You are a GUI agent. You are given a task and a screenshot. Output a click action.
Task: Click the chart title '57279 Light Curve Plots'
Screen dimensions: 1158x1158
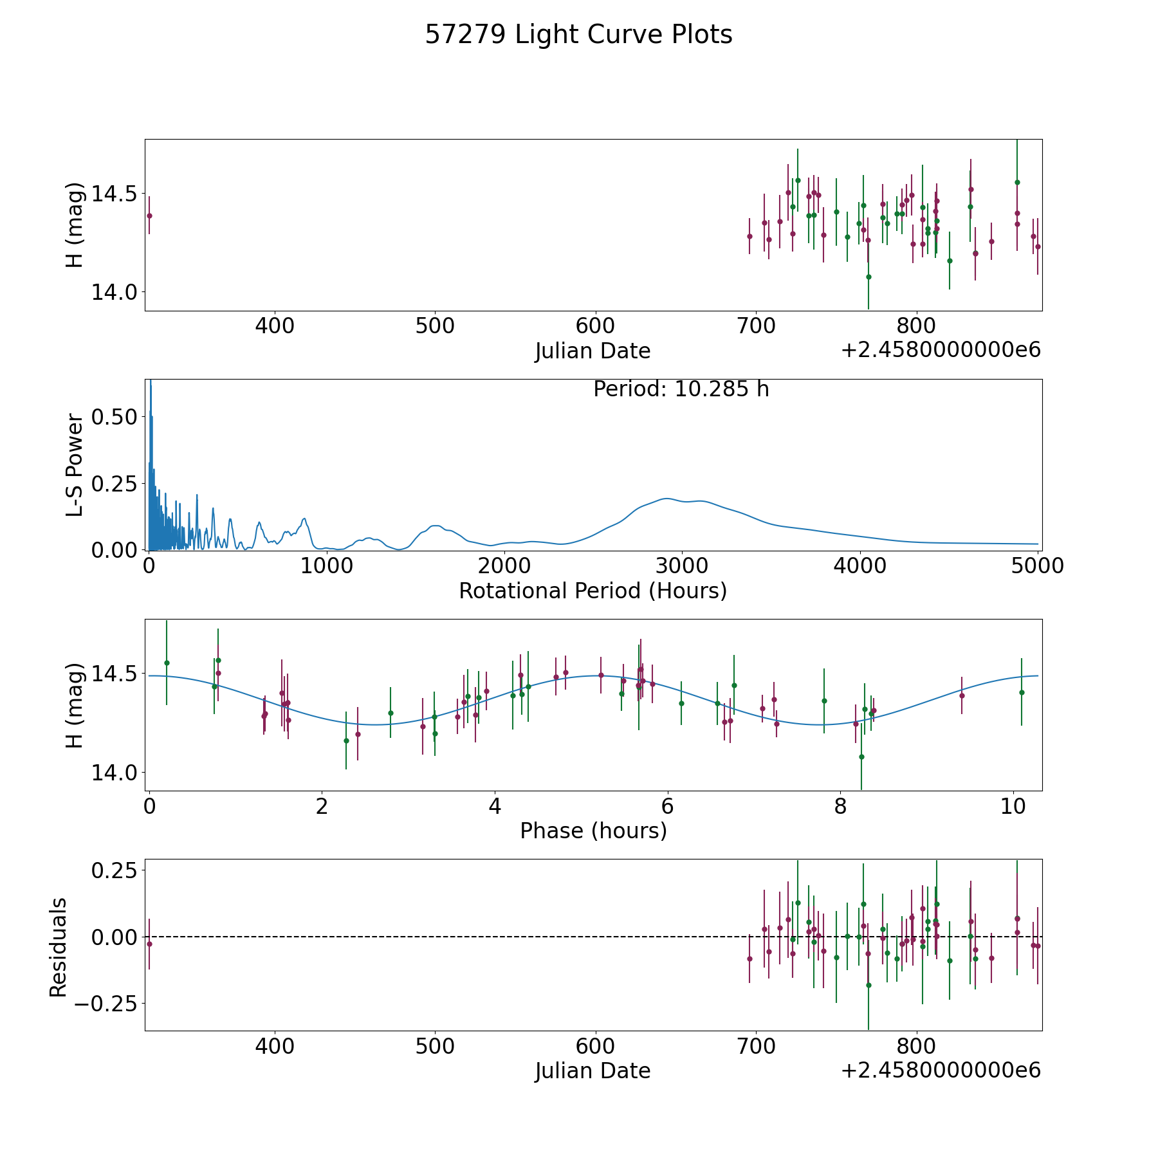pyautogui.click(x=578, y=35)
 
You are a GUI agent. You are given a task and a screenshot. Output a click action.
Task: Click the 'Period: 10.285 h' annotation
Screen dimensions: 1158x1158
pyautogui.click(x=681, y=389)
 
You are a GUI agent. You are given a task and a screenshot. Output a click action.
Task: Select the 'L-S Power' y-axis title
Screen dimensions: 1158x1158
pyautogui.click(x=75, y=465)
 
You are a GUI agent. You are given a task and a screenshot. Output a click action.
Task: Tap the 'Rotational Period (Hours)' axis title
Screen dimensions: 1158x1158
pyautogui.click(x=593, y=591)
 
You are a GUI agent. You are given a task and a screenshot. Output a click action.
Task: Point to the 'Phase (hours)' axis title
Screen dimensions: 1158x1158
pyautogui.click(x=593, y=831)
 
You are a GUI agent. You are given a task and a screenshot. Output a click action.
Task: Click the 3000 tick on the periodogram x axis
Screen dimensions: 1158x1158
pyautogui.click(x=682, y=565)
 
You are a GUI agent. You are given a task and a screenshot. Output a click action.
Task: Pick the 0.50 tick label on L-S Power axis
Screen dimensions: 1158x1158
pyautogui.click(x=114, y=417)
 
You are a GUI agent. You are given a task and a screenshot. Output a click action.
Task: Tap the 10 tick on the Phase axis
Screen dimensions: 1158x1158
pyautogui.click(x=1013, y=806)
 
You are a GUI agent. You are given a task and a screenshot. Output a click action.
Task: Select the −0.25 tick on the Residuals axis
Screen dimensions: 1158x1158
pyautogui.click(x=106, y=1003)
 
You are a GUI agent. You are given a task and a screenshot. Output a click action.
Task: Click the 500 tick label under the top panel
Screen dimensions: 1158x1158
pyautogui.click(x=435, y=326)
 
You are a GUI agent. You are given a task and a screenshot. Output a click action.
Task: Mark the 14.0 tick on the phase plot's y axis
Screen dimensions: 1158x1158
pyautogui.click(x=114, y=772)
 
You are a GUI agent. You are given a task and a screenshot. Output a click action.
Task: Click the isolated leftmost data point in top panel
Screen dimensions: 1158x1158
pyautogui.click(x=149, y=216)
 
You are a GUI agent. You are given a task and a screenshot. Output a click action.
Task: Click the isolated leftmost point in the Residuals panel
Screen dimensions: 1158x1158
pyautogui.click(x=149, y=944)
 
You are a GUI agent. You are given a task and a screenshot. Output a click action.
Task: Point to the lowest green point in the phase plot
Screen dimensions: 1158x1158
pyautogui.click(x=861, y=757)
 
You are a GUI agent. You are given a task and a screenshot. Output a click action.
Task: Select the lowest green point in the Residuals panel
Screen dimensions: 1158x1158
pyautogui.click(x=868, y=985)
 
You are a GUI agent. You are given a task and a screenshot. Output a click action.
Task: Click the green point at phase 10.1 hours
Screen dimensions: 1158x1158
pyautogui.click(x=1022, y=692)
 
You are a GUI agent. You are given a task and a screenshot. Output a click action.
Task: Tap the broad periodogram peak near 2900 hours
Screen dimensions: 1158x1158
pyautogui.click(x=666, y=499)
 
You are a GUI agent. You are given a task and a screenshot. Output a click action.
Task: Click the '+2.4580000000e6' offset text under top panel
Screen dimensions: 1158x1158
pyautogui.click(x=941, y=350)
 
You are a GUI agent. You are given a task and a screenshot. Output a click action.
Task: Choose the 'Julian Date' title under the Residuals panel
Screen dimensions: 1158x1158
pyautogui.click(x=593, y=1071)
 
